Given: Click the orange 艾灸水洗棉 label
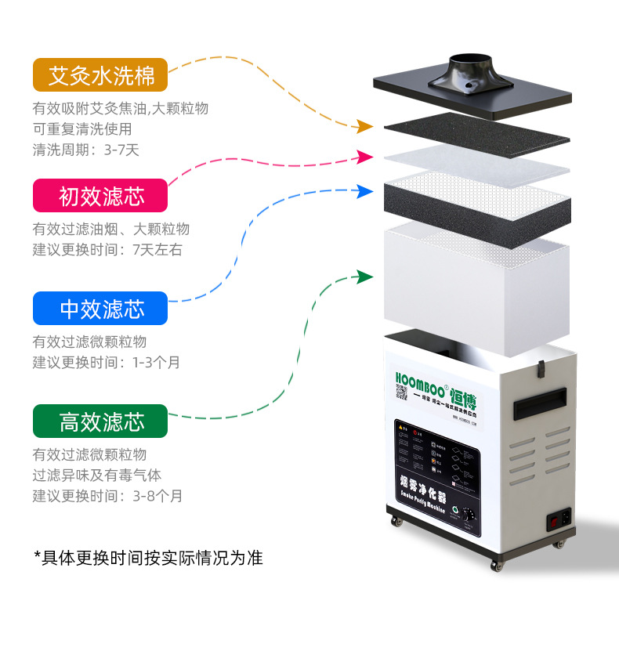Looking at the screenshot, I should (x=100, y=75).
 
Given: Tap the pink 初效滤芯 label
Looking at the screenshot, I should (x=100, y=196).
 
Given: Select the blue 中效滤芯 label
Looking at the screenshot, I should (x=100, y=309).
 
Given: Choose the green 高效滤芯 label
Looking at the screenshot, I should (x=100, y=421).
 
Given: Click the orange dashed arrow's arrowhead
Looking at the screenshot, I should (x=364, y=126).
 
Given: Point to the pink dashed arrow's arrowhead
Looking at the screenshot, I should (x=364, y=157).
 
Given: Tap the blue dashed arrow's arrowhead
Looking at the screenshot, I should (x=364, y=190).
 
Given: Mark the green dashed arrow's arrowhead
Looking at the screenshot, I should (x=364, y=277).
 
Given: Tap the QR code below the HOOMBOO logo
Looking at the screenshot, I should (x=401, y=392).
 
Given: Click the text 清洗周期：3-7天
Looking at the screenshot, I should (x=85, y=149).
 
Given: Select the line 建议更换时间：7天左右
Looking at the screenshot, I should (x=107, y=250).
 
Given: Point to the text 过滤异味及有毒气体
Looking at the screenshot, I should (x=97, y=476).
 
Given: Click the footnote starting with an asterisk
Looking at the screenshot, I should (x=148, y=558).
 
